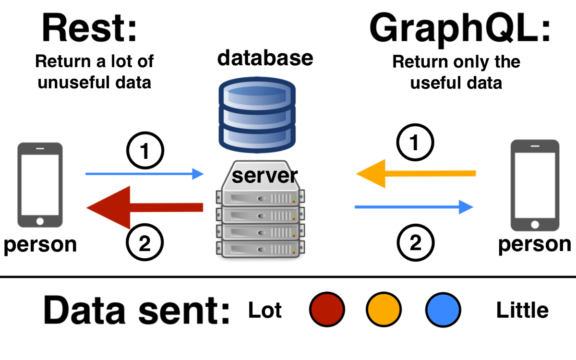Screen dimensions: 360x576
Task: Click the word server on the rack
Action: (x=262, y=176)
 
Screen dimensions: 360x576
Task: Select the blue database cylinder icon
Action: (x=257, y=115)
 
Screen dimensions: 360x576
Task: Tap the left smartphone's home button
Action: (x=40, y=221)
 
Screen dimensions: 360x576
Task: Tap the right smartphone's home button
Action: (x=535, y=225)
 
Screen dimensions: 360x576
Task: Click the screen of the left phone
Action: (x=40, y=185)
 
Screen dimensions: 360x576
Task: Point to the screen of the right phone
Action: (x=535, y=185)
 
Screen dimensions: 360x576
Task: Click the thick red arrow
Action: (x=144, y=207)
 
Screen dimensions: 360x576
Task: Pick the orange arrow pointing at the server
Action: (x=418, y=173)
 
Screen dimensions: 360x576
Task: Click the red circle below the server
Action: (x=327, y=310)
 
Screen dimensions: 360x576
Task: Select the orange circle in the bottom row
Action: (x=384, y=310)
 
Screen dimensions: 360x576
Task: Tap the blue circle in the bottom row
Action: (x=443, y=310)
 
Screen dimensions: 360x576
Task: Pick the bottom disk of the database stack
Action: (x=257, y=137)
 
